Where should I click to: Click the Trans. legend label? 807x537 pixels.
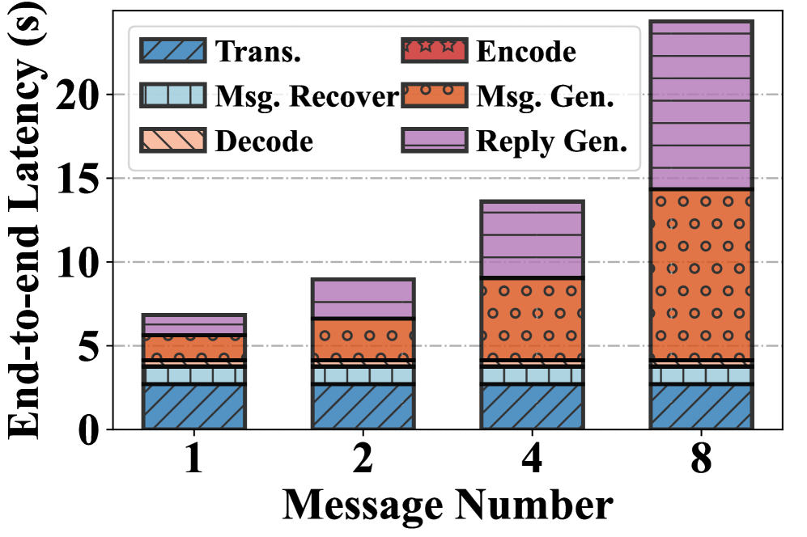258,53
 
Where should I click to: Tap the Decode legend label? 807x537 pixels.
264,142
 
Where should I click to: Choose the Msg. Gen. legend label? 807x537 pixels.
546,97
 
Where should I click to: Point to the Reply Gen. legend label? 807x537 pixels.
552,142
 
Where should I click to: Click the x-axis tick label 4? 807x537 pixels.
531,460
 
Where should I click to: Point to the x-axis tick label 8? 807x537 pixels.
701,460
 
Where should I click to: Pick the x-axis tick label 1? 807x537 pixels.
193,460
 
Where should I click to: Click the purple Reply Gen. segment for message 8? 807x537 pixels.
701,105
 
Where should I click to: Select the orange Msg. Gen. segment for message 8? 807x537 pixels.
701,275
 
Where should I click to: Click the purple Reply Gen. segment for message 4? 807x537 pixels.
531,239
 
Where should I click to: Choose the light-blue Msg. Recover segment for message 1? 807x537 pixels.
193,374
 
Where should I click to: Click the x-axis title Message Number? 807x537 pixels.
447,505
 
